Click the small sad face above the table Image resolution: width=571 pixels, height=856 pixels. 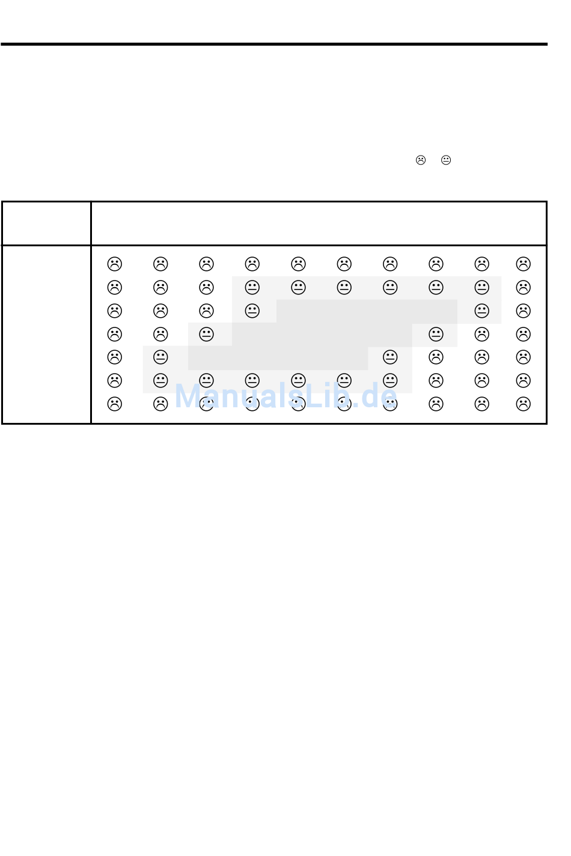[x=420, y=160]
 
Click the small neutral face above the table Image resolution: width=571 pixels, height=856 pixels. [x=445, y=160]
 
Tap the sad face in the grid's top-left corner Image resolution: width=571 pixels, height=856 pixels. [x=114, y=264]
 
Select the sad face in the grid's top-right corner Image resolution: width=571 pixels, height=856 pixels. [x=523, y=264]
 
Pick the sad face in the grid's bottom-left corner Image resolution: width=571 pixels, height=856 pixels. [x=114, y=404]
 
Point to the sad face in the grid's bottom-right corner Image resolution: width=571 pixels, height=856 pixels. [x=523, y=404]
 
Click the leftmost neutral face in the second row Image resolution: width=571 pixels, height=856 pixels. [x=252, y=287]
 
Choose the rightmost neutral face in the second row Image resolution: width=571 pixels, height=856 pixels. [x=481, y=287]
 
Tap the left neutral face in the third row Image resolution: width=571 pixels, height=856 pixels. [x=252, y=311]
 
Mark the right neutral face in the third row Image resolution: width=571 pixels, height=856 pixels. [x=481, y=311]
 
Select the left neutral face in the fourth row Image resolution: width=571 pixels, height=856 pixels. [x=206, y=334]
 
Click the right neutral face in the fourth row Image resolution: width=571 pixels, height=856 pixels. [x=436, y=334]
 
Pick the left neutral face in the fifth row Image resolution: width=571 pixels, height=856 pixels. [x=160, y=357]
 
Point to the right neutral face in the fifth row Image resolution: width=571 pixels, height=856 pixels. [x=389, y=357]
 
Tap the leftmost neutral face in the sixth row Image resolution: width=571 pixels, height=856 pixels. [x=160, y=380]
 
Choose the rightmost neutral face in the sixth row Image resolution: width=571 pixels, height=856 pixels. [x=389, y=380]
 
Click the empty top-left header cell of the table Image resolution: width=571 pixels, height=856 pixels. [x=46, y=223]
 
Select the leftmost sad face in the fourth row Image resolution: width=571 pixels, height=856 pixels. [x=114, y=334]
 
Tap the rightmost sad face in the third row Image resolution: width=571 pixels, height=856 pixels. [x=523, y=311]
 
